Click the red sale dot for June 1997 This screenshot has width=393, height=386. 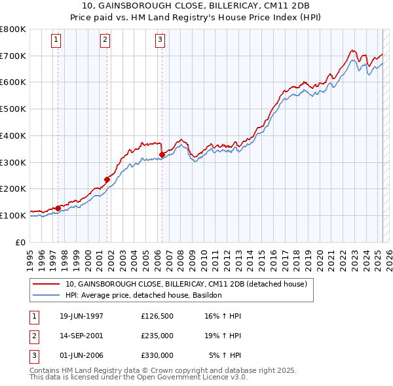pos(58,208)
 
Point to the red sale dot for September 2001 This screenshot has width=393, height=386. pos(107,179)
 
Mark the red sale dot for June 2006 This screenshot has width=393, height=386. pos(162,154)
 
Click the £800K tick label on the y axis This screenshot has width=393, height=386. pos(13,29)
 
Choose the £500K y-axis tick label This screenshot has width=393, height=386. pos(13,109)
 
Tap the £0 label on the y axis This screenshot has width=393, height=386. pos(20,242)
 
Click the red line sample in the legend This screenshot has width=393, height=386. pos(47,285)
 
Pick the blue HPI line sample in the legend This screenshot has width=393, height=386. pos(47,295)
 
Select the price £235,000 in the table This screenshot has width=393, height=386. pos(157,336)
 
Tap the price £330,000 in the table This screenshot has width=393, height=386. pos(157,355)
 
